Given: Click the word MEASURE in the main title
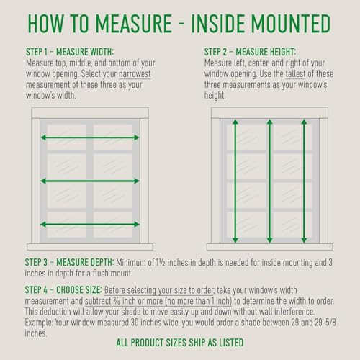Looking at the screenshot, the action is pos(134,24).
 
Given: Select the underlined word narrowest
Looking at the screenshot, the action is pos(135,74).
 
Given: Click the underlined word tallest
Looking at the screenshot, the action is pos(295,73).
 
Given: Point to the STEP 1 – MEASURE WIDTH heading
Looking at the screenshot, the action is pos(70,52).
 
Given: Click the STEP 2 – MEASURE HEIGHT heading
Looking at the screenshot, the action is pos(250,52).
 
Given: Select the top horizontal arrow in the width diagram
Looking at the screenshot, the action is pos(90,138).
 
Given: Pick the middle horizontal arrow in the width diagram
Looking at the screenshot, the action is pos(90,181).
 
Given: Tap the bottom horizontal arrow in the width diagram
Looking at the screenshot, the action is pos(90,225).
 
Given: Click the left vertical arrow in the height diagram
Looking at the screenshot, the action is pos(235,181).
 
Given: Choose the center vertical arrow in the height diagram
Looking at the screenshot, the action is pos(269,181).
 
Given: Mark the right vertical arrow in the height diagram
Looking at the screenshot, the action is pos(304,181).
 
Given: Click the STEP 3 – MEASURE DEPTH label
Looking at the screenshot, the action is pos(69,262).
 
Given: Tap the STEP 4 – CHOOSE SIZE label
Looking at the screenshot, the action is pos(63,290).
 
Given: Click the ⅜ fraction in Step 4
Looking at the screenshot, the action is pos(117,301).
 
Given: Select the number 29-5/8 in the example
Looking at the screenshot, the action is pos(325,323).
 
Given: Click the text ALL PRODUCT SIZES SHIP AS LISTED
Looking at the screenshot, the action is pos(180,343).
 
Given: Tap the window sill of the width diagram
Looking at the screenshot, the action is pos(90,247).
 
